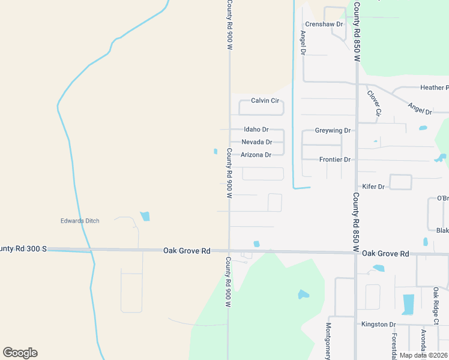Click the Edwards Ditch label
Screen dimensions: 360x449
80,221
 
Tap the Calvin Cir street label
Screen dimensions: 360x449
265,101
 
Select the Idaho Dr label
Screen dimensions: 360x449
256,130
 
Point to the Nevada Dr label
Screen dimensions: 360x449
257,142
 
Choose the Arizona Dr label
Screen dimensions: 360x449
256,155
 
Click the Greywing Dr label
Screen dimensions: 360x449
333,130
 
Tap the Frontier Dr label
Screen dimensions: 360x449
335,160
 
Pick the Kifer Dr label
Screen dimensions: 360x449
373,187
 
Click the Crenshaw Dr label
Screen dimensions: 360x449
324,24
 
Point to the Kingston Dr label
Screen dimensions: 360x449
379,325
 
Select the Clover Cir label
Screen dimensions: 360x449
375,103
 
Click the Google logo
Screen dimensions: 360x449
20,353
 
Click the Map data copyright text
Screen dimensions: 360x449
423,355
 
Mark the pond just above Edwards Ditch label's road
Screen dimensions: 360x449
145,216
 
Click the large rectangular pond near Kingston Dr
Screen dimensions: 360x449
408,304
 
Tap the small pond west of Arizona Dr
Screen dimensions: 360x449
215,151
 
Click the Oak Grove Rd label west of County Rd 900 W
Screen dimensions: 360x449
187,251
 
